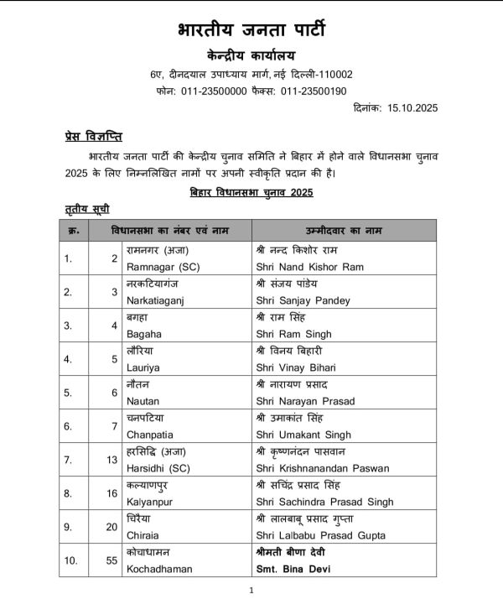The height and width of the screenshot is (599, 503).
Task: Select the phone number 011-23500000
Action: [x=213, y=91]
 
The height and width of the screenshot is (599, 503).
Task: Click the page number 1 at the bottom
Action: [x=251, y=591]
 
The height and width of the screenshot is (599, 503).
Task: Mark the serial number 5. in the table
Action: [x=69, y=392]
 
